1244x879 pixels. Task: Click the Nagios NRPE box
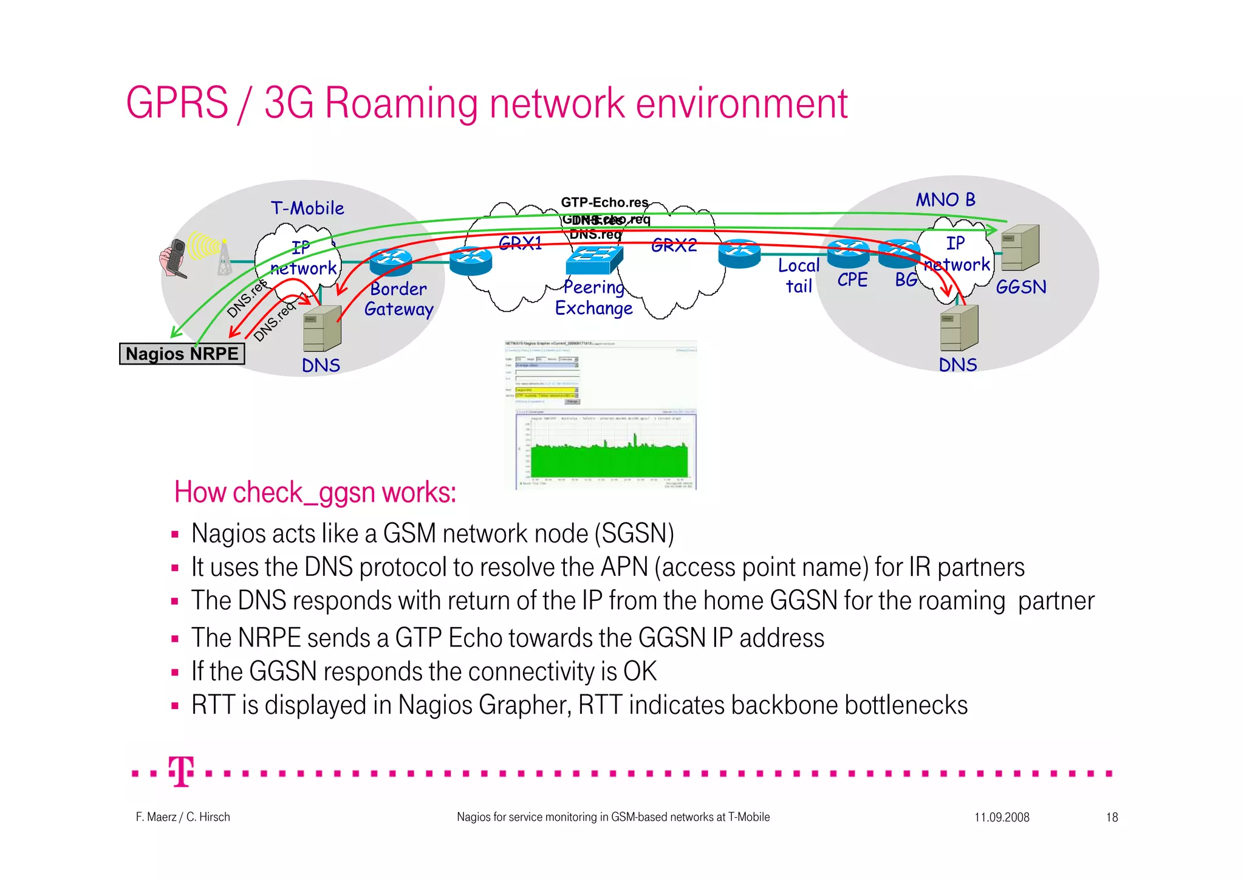click(x=182, y=354)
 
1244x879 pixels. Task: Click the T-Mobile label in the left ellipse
click(x=307, y=208)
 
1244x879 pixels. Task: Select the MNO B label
click(x=945, y=200)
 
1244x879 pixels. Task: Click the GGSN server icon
click(x=1020, y=248)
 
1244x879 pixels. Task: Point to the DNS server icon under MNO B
click(x=959, y=328)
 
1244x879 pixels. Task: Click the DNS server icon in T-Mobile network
click(x=322, y=329)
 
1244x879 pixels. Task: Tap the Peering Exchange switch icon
click(x=594, y=260)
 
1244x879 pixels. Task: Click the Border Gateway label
click(x=398, y=299)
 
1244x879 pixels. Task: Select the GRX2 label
click(x=674, y=245)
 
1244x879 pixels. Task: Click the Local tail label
click(x=799, y=276)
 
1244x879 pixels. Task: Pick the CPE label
click(x=852, y=280)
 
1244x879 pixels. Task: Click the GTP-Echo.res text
click(x=604, y=202)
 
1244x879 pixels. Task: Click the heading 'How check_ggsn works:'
click(x=315, y=492)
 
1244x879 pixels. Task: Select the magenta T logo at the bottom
click(x=181, y=771)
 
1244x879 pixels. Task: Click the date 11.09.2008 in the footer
click(x=1002, y=817)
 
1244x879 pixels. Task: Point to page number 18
click(x=1112, y=817)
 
